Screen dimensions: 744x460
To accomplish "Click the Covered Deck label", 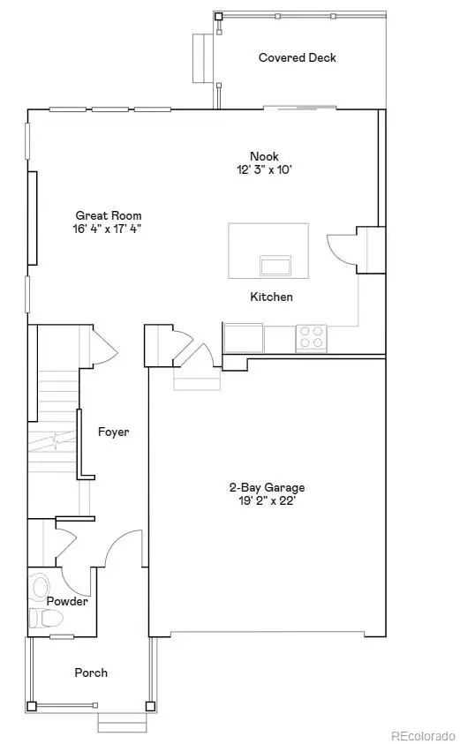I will [x=297, y=58].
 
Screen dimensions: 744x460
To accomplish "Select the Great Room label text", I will [x=109, y=215].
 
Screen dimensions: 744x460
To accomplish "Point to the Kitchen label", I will [x=271, y=297].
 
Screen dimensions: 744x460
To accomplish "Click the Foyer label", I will [x=114, y=432].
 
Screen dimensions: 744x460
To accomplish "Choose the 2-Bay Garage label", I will [x=268, y=487].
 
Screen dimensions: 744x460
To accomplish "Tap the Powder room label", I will [x=68, y=601].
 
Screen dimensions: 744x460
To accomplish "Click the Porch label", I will [x=91, y=673].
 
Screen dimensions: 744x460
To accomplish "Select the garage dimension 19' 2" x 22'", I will [x=268, y=500].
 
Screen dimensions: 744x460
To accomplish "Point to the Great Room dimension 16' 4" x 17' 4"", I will [x=109, y=229].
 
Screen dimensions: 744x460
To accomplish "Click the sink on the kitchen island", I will [x=275, y=265].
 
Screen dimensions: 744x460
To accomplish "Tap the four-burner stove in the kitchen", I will [x=312, y=338].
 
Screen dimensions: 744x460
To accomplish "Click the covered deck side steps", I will [x=200, y=48].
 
